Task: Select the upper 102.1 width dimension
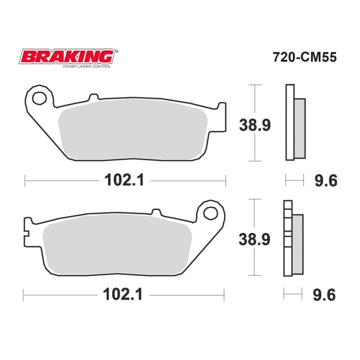click(x=124, y=181)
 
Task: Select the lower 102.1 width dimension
click(x=123, y=295)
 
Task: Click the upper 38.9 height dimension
click(x=255, y=125)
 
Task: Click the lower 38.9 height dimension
click(x=254, y=239)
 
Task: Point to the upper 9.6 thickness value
click(x=325, y=181)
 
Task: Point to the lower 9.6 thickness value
click(x=324, y=295)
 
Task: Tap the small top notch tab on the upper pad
click(x=94, y=97)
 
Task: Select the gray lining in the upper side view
click(x=300, y=128)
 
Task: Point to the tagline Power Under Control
click(x=86, y=66)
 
